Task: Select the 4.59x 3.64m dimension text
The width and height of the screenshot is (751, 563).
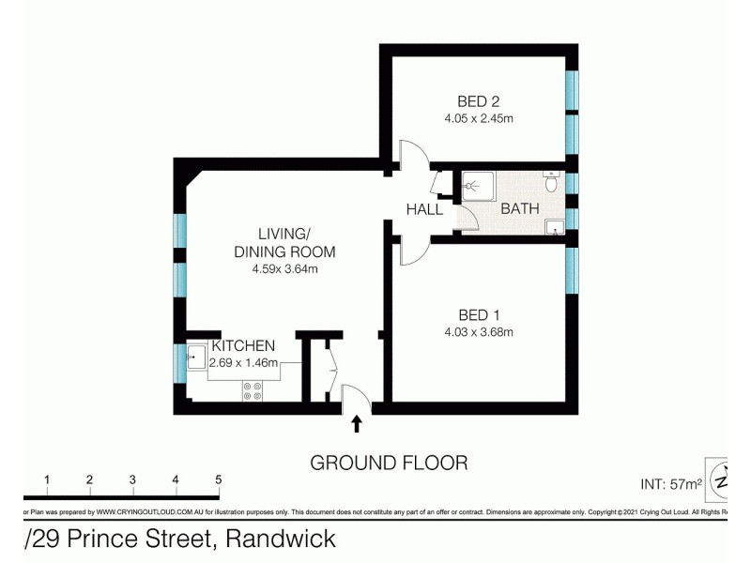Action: [285, 269]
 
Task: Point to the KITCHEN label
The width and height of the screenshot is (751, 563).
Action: [242, 346]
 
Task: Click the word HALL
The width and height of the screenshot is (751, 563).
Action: [424, 209]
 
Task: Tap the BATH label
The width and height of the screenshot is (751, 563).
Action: [519, 208]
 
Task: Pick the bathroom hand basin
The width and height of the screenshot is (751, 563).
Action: [555, 225]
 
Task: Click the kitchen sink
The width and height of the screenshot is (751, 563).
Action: [196, 357]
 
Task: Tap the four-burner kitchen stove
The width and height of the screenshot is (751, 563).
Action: [253, 389]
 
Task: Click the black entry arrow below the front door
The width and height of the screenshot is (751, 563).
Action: [356, 425]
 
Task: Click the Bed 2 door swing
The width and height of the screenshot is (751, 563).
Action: [412, 156]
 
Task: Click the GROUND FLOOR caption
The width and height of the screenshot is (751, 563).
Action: [389, 463]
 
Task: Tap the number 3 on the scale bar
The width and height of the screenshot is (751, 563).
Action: [132, 479]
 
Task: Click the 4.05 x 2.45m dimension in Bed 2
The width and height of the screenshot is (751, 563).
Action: [478, 119]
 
